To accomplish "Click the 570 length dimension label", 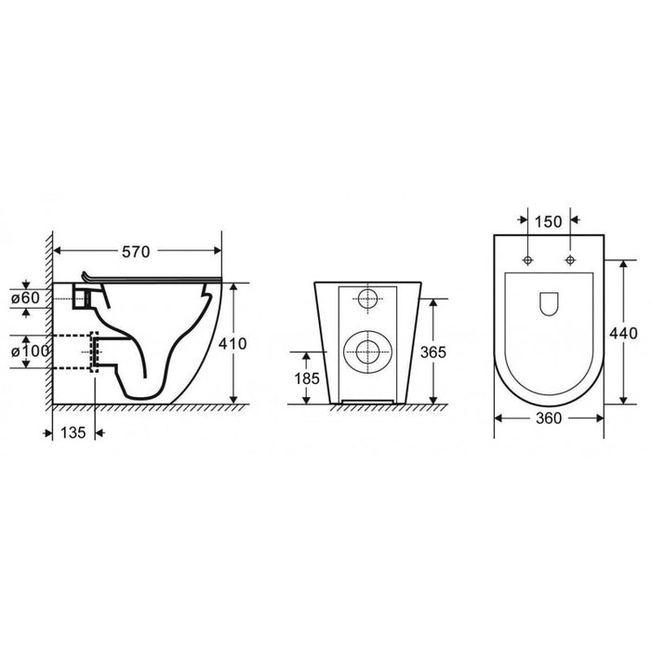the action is click(x=136, y=252).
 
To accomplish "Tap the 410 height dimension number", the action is click(x=232, y=344).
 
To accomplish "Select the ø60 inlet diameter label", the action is click(x=25, y=298).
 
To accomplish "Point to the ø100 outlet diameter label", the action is click(x=31, y=352).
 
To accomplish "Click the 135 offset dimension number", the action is click(x=73, y=432).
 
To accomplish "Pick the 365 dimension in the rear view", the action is click(x=433, y=352).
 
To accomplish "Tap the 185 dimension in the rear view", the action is click(x=307, y=379).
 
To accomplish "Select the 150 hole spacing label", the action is click(x=548, y=222).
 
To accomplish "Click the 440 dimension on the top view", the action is click(x=623, y=333).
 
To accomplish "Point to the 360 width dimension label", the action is click(x=549, y=418).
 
